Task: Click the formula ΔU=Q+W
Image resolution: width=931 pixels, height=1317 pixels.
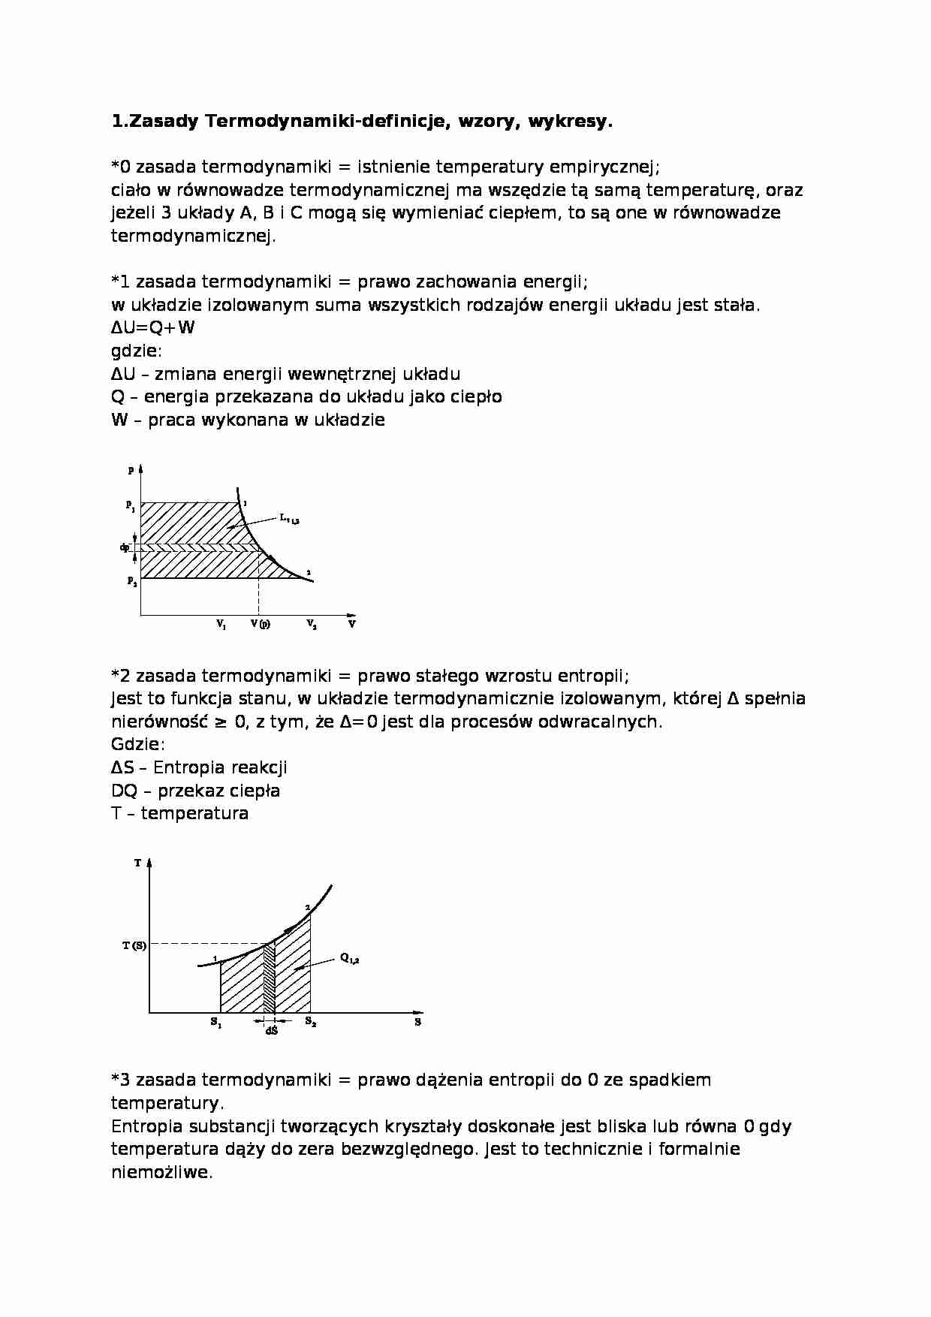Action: point(153,328)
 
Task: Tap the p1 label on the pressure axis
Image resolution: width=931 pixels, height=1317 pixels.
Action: point(131,506)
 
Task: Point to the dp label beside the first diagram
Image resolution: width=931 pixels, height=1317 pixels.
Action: point(125,547)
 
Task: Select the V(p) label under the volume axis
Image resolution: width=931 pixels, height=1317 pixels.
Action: point(260,624)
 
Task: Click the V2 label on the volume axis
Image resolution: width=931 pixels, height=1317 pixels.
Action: point(311,624)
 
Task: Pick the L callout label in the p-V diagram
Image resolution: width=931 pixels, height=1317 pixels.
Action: point(289,518)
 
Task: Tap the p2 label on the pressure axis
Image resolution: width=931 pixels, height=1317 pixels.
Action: point(131,581)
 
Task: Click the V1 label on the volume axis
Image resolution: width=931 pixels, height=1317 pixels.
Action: point(221,624)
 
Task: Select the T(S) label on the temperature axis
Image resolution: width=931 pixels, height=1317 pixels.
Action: point(134,945)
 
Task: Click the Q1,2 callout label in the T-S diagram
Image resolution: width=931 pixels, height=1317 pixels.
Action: point(349,958)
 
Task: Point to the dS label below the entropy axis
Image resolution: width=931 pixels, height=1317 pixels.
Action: point(271,1031)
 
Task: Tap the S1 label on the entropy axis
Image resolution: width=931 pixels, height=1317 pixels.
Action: point(215,1022)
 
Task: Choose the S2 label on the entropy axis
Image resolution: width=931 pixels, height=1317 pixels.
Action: point(310,1022)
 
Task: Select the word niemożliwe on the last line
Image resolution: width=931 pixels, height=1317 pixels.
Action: point(161,1172)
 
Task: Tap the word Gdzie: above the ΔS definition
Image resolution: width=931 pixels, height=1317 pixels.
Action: point(137,744)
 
